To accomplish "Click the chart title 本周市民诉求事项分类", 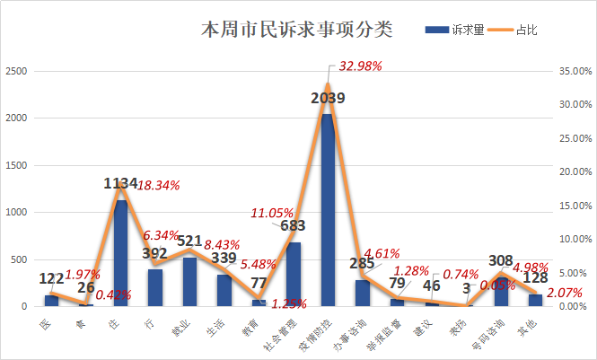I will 296,31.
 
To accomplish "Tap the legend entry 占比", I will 530,30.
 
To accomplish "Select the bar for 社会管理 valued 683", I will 294,274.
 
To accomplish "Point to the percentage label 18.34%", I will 159,185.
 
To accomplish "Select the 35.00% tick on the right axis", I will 572,71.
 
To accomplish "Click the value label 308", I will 502,261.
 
